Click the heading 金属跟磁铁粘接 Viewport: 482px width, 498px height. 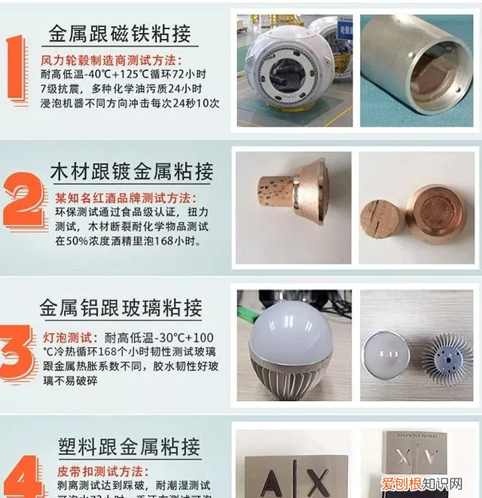(x=120, y=33)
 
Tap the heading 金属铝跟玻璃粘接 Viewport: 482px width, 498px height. (x=120, y=307)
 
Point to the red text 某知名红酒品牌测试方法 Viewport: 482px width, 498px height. (x=125, y=198)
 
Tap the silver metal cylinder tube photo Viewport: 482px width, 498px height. (x=415, y=69)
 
